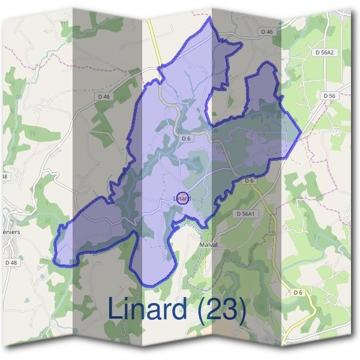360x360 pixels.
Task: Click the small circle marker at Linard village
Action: click(184, 198)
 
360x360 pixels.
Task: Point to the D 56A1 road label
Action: click(246, 214)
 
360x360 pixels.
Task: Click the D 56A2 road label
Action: click(325, 53)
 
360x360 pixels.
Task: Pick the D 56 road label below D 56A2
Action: click(328, 95)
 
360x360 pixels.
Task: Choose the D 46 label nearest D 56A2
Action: click(267, 31)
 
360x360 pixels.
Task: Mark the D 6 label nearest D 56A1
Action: click(250, 181)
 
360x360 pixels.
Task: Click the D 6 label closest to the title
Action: click(298, 292)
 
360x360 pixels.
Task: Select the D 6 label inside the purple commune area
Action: click(186, 139)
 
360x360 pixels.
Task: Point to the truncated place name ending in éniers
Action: click(11, 231)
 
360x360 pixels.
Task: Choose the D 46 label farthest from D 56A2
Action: click(103, 96)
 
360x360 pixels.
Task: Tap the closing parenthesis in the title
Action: click(241, 310)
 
